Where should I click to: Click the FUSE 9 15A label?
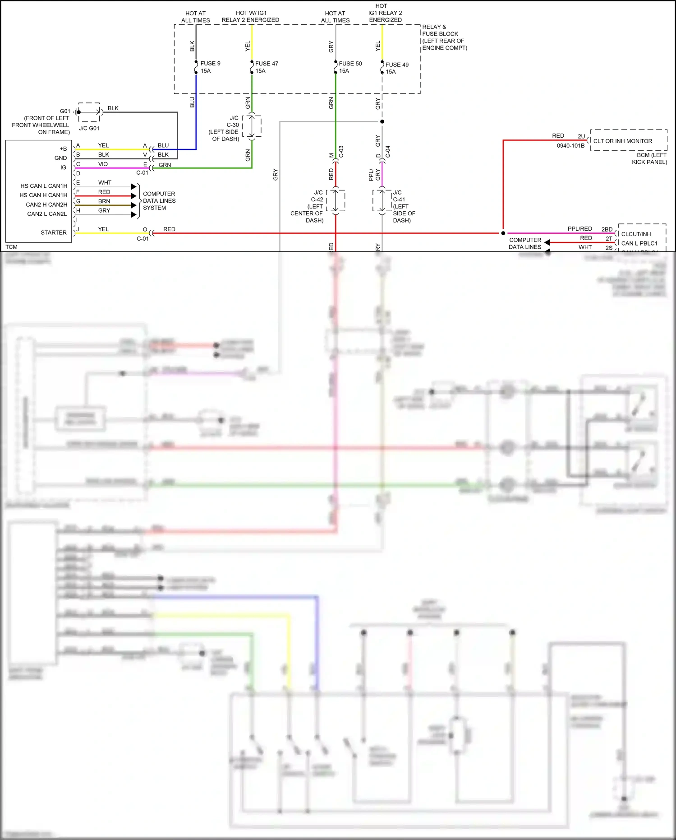point(210,67)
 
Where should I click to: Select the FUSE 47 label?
point(267,67)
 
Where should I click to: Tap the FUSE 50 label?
point(350,67)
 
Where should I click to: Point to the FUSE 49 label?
point(397,68)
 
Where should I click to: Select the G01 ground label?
point(65,111)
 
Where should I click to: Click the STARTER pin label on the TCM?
point(54,232)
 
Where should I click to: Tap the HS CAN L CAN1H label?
point(44,186)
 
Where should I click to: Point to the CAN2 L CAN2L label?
point(47,214)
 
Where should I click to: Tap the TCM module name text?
point(12,247)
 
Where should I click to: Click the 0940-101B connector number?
point(570,146)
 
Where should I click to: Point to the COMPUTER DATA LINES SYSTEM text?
point(158,201)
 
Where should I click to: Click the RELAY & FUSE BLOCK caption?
point(444,37)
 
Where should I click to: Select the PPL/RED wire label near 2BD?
point(579,229)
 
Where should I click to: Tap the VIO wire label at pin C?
point(103,164)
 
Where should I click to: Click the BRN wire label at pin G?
point(104,201)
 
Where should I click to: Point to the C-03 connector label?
point(341,152)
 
